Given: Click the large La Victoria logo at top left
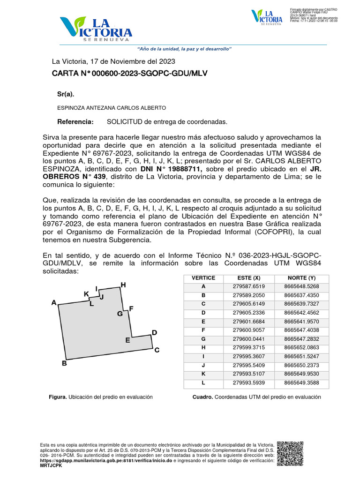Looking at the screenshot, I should point(96,29).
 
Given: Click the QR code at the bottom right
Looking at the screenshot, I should point(290,454).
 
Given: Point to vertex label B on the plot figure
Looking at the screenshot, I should point(65,363).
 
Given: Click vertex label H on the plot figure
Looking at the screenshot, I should point(123,285).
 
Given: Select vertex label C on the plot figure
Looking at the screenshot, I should point(157,350).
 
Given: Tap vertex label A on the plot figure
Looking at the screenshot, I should point(54,303).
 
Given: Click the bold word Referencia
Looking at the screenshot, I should point(75,122).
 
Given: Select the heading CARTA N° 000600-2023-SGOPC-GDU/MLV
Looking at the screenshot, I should point(129,74).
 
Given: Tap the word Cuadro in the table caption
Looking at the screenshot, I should point(203,397).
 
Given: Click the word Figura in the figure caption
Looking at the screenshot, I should point(58,397).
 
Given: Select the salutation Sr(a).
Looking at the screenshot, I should point(66,94).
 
